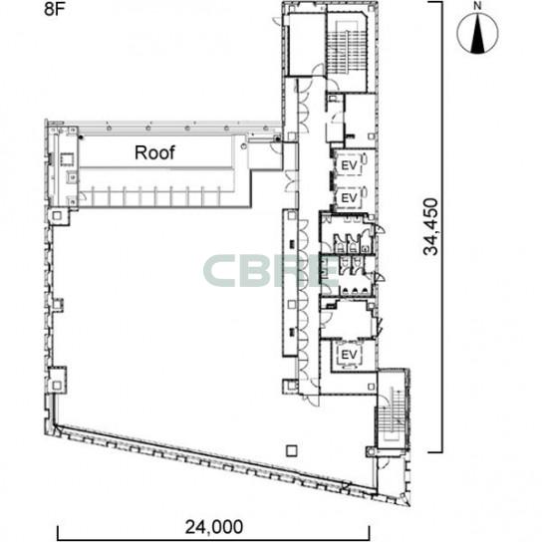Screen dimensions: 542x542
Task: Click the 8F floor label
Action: pyautogui.click(x=54, y=9)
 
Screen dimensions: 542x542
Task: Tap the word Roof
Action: pyautogui.click(x=154, y=152)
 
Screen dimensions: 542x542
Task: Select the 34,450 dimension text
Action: pyautogui.click(x=430, y=227)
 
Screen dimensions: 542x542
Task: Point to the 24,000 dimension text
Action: pyautogui.click(x=214, y=527)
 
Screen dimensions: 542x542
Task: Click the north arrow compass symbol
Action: pyautogui.click(x=477, y=34)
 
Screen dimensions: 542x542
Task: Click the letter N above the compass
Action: pyautogui.click(x=477, y=6)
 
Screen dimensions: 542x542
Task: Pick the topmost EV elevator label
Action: pyautogui.click(x=349, y=166)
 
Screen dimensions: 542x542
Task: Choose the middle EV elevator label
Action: pyautogui.click(x=349, y=198)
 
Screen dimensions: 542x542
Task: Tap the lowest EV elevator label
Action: pyautogui.click(x=349, y=355)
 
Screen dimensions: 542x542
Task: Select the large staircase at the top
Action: pyautogui.click(x=347, y=48)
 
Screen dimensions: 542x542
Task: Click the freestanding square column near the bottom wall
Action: pyautogui.click(x=292, y=450)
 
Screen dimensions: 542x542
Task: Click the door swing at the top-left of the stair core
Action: pyautogui.click(x=278, y=21)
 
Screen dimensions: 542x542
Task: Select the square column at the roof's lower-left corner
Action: pyautogui.click(x=57, y=216)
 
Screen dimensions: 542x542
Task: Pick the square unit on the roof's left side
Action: pyautogui.click(x=66, y=159)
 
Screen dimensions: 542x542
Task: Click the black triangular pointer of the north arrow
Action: pyautogui.click(x=477, y=35)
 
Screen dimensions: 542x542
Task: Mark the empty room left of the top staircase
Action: pyautogui.click(x=306, y=44)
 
